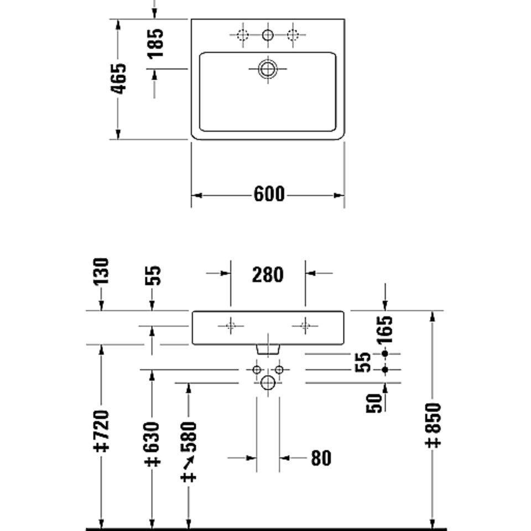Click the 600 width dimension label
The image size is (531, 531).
269,194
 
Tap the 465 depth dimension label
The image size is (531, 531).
118,79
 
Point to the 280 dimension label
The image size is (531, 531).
268,275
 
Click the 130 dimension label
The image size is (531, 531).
101,271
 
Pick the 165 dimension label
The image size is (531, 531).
385,330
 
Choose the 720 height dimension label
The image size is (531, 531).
101,431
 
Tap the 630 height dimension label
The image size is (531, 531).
152,444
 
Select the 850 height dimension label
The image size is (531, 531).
433,425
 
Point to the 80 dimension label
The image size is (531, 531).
321,458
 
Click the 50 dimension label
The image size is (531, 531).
373,403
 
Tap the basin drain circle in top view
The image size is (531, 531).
268,69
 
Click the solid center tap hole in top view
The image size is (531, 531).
268,34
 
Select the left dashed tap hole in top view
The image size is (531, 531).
243,34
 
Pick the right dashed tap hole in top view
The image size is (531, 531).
293,34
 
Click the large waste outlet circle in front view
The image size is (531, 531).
268,383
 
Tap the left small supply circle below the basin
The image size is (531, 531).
257,369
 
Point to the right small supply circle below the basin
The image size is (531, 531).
279,369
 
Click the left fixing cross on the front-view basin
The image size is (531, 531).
231,326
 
